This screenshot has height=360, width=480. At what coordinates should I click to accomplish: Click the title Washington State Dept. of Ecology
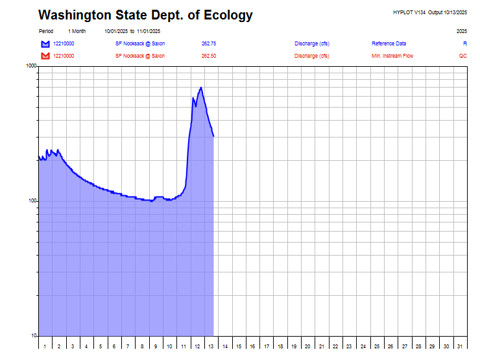[x=145, y=16]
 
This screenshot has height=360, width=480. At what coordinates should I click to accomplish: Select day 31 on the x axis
[x=460, y=346]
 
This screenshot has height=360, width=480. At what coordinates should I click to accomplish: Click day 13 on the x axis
[x=211, y=346]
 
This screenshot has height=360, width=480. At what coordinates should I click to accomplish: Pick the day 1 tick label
[x=45, y=346]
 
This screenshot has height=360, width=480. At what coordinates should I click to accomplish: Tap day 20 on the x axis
[x=307, y=346]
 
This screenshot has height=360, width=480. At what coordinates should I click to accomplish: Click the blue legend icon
[x=45, y=44]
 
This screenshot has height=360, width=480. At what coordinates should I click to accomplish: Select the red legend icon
[x=45, y=56]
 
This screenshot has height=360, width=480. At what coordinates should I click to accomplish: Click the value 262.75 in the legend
[x=209, y=43]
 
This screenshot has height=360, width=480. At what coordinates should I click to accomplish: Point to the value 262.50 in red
[x=209, y=56]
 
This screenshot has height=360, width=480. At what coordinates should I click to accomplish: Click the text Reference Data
[x=389, y=43]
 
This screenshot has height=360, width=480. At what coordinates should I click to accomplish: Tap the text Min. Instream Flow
[x=392, y=56]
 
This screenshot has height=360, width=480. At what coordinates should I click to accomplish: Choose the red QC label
[x=462, y=56]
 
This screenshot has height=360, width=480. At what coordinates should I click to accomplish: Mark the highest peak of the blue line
[x=201, y=88]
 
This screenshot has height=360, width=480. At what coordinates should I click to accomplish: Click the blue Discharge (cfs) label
[x=311, y=43]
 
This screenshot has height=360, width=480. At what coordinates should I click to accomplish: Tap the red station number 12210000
[x=64, y=56]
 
